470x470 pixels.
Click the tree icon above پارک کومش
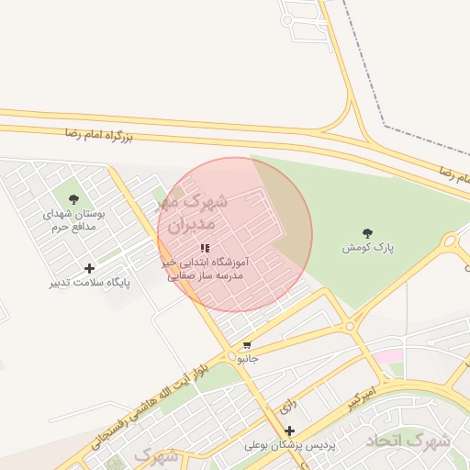[368, 232]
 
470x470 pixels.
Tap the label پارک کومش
[368, 248]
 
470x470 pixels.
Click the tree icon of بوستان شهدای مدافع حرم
[74, 198]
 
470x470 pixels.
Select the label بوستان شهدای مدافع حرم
[74, 219]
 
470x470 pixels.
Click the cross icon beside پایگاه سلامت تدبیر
[89, 268]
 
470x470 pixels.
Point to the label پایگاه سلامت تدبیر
[89, 284]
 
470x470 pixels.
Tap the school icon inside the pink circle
[205, 248]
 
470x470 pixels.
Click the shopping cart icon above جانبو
[246, 345]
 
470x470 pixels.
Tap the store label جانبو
[248, 359]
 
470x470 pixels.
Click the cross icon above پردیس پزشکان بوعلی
[290, 431]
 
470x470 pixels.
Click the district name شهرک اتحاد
[408, 442]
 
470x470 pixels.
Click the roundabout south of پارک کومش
[349, 326]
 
